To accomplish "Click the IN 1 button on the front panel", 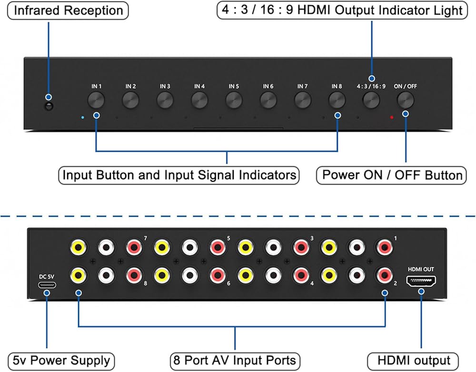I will [97, 99].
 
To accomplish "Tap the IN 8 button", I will [337, 99].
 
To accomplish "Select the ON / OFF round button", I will [406, 99].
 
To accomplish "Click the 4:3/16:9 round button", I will [371, 99].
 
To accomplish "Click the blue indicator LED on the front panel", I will [83, 117].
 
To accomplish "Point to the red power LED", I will [391, 117].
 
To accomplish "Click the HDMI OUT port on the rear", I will [422, 281].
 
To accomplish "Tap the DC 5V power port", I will [47, 285].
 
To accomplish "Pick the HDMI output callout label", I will [414, 360].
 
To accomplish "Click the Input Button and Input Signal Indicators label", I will [179, 175].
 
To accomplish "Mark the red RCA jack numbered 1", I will [384, 247].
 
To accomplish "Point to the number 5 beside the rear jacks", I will [228, 238].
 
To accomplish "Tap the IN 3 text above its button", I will [165, 87].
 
